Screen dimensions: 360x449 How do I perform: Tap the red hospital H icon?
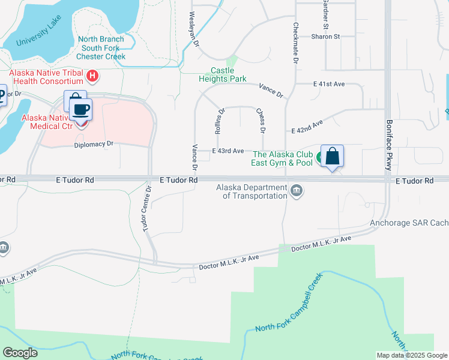pyautogui.click(x=92, y=76)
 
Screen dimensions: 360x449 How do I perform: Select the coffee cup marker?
pyautogui.click(x=80, y=109)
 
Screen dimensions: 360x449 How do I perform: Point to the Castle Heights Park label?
pyautogui.click(x=223, y=74)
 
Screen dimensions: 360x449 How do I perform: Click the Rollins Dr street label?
pyautogui.click(x=219, y=121)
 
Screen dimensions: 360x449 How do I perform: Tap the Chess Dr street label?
pyautogui.click(x=261, y=121)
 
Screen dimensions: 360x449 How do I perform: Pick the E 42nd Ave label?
pyautogui.click(x=307, y=127)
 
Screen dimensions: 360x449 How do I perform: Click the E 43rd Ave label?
pyautogui.click(x=228, y=151)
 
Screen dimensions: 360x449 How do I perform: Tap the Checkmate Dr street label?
pyautogui.click(x=295, y=43)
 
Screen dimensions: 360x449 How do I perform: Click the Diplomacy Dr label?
pyautogui.click(x=94, y=145)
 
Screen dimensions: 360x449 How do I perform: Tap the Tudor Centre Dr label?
pyautogui.click(x=146, y=208)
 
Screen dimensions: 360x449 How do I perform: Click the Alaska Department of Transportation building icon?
pyautogui.click(x=296, y=191)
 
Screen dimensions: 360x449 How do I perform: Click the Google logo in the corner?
pyautogui.click(x=20, y=353)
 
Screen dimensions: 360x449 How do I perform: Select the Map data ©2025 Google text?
pyautogui.click(x=412, y=355)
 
